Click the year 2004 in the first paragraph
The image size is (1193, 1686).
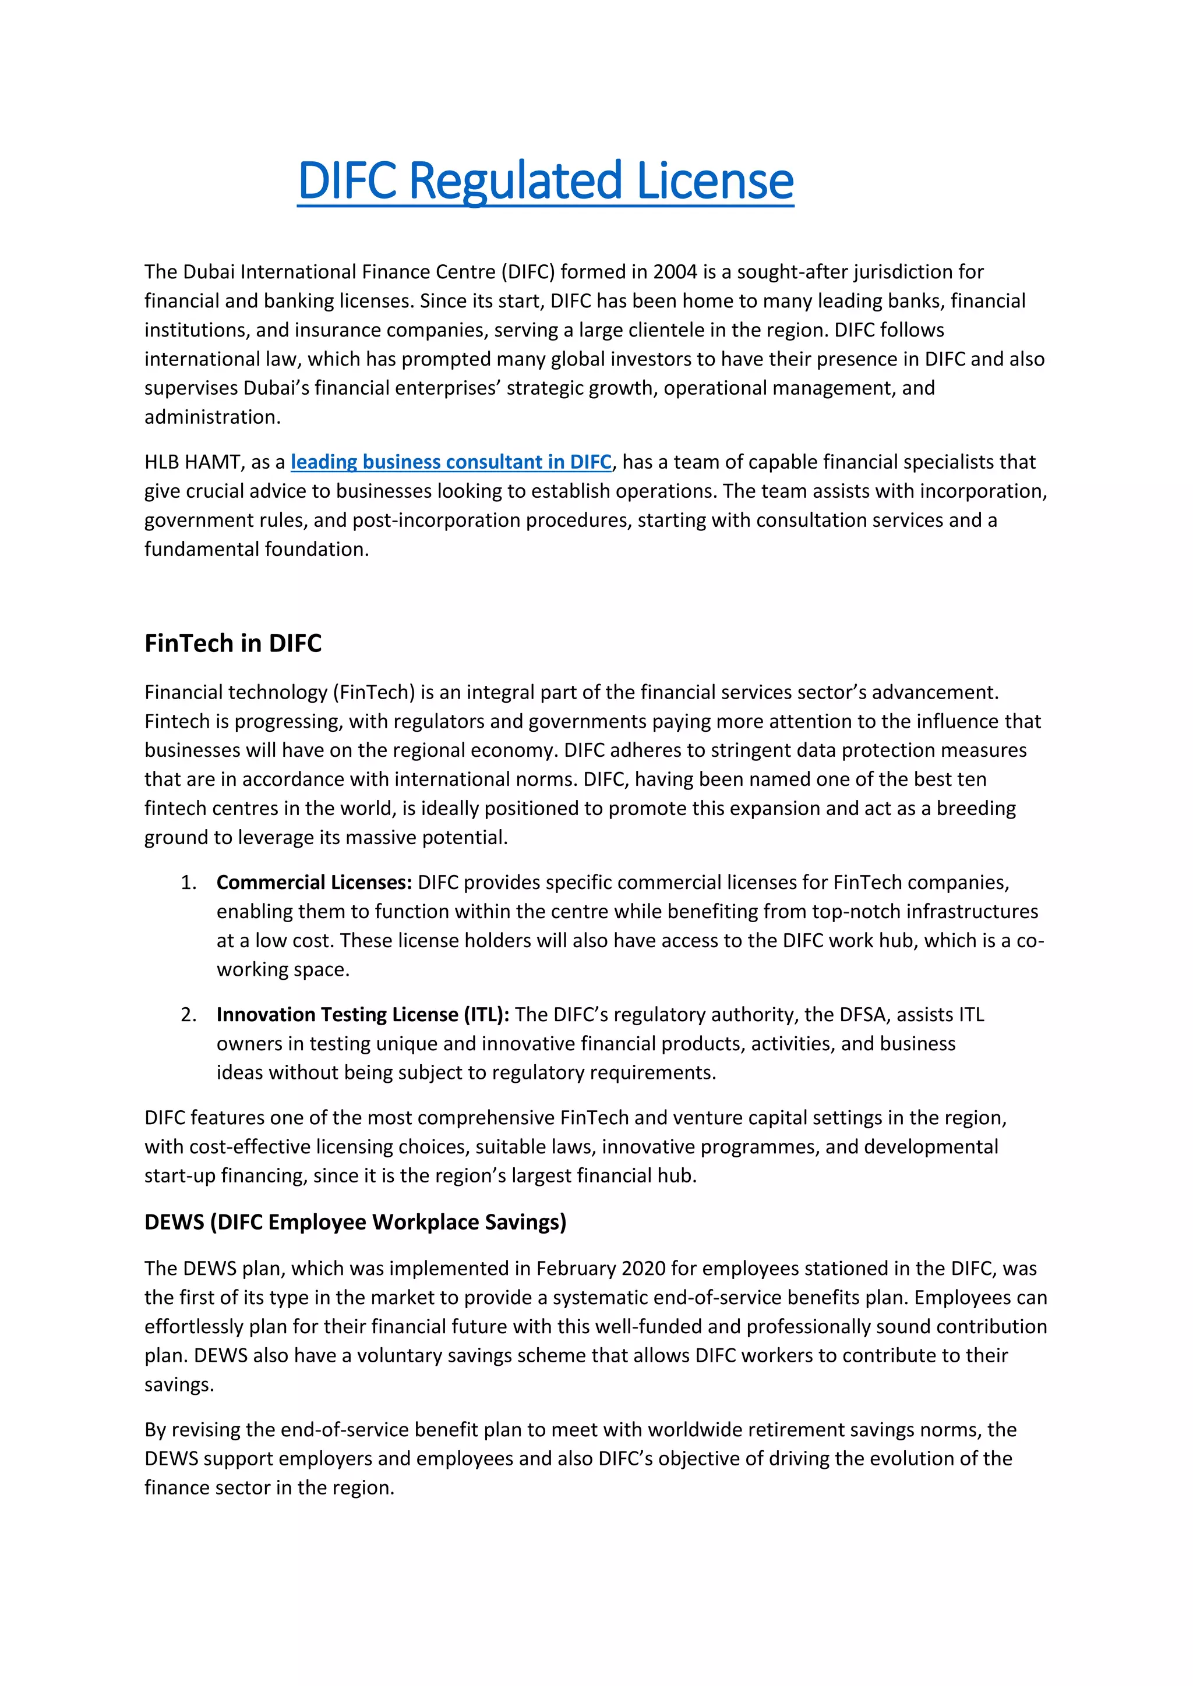(675, 272)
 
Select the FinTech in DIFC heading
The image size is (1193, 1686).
(233, 643)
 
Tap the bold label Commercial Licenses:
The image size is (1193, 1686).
(313, 882)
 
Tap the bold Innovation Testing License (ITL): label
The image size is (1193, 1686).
(362, 1014)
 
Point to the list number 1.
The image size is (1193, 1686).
(188, 882)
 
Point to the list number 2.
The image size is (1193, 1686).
(188, 1014)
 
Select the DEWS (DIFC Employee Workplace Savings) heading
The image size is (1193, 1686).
(355, 1222)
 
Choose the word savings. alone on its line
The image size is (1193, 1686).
(178, 1385)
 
